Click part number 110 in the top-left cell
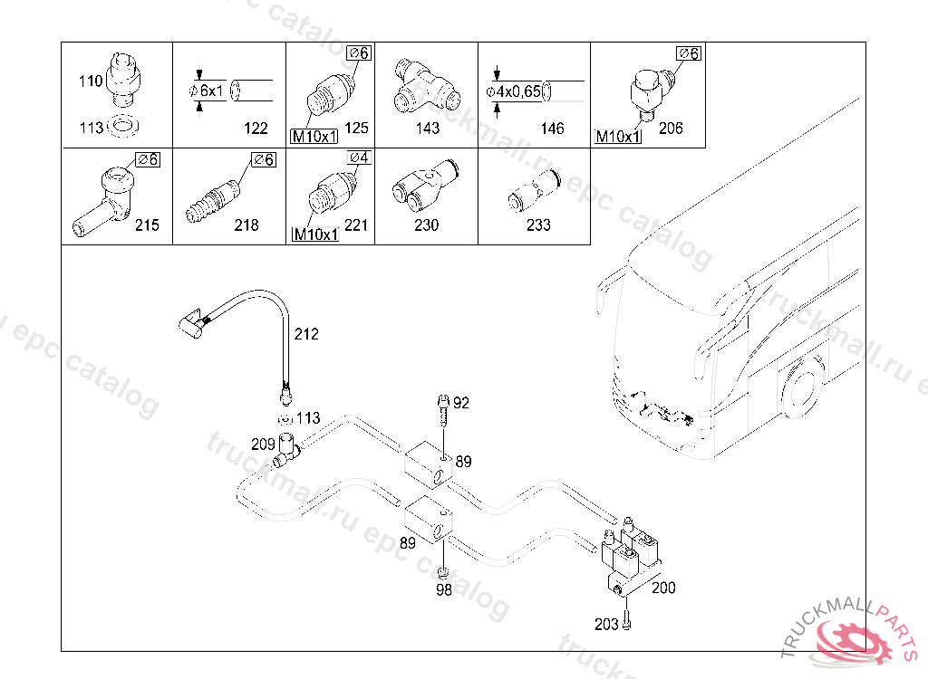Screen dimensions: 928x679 coord(91,81)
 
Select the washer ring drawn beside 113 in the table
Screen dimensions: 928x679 coord(123,126)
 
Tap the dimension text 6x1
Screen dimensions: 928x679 coord(211,91)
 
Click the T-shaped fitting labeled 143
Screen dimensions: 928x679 coord(426,87)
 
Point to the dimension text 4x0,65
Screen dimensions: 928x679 coord(517,91)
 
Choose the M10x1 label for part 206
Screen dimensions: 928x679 coord(618,137)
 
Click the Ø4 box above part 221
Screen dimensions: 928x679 coord(359,158)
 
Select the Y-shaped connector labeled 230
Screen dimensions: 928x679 coord(426,186)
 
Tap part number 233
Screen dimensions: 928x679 coord(538,225)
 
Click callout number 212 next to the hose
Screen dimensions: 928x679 coord(306,334)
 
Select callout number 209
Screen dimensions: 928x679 coord(264,445)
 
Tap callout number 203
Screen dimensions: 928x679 coord(606,624)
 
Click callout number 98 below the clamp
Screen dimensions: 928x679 coord(444,589)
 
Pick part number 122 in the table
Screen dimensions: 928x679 coord(256,129)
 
